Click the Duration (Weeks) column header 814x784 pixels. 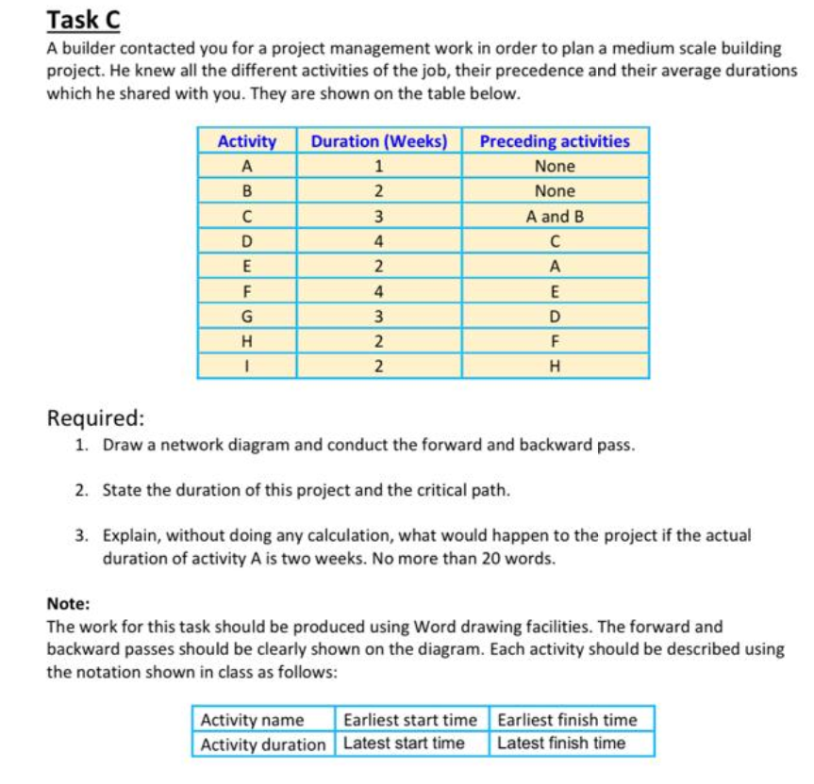coord(378,141)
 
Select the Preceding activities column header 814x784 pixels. coord(555,141)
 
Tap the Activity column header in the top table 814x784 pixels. coord(247,141)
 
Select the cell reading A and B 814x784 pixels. coord(555,216)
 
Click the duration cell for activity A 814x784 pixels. coord(378,166)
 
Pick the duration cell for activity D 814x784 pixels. coord(378,240)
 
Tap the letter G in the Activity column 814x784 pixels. coord(247,316)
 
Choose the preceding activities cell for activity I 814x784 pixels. coord(555,366)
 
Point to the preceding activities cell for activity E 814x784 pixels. coord(555,266)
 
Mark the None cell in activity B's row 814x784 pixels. coord(555,190)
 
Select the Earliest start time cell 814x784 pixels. coord(410,720)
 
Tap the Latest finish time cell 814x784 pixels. coord(561,743)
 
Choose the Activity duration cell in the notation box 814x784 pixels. coord(262,743)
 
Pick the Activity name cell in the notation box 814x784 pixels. coord(252,720)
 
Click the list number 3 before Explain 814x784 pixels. coord(82,535)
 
